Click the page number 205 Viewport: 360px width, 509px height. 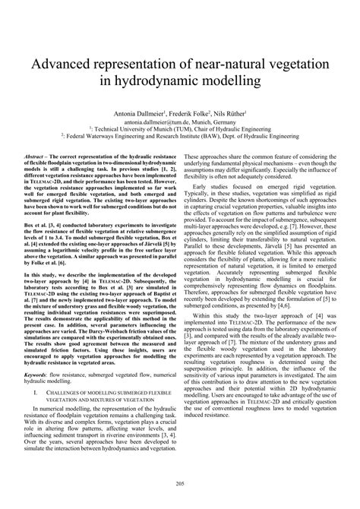[x=180, y=483]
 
